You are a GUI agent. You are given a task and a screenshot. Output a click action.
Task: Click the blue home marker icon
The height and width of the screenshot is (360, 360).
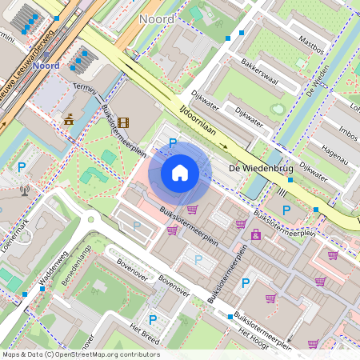180,172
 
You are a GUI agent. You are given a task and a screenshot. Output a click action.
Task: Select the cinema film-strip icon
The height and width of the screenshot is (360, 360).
122,122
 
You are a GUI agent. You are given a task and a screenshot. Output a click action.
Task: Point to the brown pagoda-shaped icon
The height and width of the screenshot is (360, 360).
69,119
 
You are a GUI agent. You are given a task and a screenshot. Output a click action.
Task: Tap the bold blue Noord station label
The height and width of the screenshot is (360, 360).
48,66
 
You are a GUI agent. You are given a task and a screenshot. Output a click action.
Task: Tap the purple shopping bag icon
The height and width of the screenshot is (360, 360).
255,234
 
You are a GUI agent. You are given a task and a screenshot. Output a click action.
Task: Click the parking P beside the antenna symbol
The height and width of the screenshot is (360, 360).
22,167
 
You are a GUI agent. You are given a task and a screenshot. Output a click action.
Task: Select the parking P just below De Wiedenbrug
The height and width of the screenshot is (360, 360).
286,210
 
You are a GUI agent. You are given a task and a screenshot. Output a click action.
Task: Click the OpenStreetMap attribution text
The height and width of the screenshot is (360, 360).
80,354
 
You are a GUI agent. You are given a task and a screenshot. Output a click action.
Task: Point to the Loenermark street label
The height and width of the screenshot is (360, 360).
14,230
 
